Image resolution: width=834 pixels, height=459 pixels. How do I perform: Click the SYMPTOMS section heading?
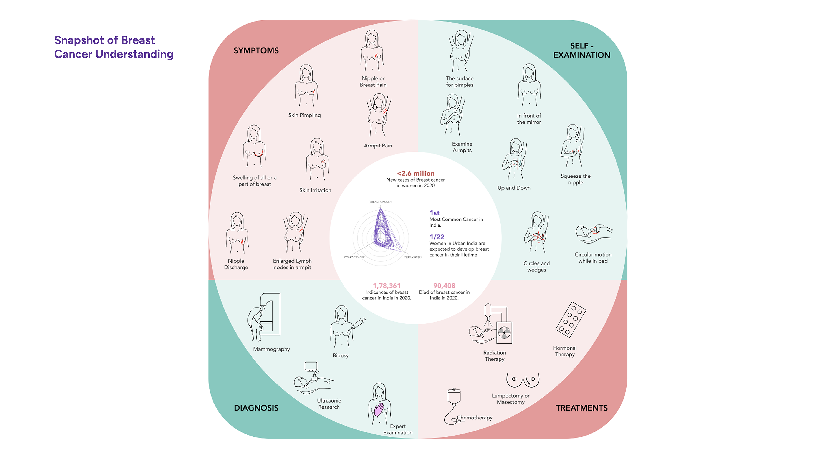pyautogui.click(x=256, y=51)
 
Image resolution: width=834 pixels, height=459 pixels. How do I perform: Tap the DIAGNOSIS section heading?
pyautogui.click(x=256, y=408)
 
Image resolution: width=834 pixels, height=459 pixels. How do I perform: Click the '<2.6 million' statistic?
pyautogui.click(x=416, y=173)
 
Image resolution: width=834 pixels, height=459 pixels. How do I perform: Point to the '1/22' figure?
pyautogui.click(x=437, y=237)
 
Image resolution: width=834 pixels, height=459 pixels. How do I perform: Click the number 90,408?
pyautogui.click(x=444, y=286)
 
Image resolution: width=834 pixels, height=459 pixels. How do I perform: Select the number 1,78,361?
pyautogui.click(x=387, y=286)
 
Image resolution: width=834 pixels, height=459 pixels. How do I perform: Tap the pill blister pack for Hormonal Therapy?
pyautogui.click(x=571, y=320)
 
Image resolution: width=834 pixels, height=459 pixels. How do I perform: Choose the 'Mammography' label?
pyautogui.click(x=271, y=349)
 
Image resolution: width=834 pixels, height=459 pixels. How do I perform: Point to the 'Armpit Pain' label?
pyautogui.click(x=378, y=146)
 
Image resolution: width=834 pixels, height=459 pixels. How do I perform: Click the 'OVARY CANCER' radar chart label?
pyautogui.click(x=354, y=257)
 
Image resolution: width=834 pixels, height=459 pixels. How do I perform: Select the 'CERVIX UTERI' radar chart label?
pyautogui.click(x=412, y=257)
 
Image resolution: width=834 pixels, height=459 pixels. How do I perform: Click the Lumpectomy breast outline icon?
pyautogui.click(x=523, y=380)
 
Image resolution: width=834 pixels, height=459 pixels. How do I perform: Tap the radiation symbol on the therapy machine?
pyautogui.click(x=504, y=332)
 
